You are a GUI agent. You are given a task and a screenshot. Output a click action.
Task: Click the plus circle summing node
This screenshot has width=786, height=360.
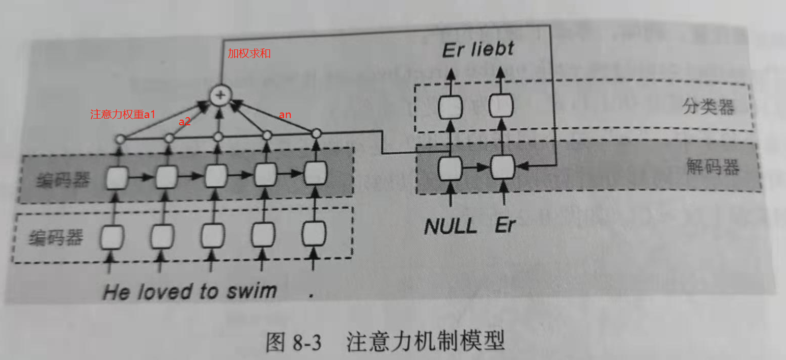point(220,95)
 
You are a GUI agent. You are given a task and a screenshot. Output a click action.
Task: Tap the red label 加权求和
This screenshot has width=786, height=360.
point(249,53)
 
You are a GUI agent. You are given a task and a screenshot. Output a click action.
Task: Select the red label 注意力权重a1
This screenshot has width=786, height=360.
point(123,115)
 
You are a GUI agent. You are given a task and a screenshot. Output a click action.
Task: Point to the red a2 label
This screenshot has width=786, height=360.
point(184,122)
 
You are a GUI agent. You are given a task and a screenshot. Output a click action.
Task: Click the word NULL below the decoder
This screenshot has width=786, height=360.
point(451,226)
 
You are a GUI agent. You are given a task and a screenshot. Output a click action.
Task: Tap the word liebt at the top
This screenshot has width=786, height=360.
point(492,49)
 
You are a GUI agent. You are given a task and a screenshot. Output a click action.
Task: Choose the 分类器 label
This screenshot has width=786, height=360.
point(708,107)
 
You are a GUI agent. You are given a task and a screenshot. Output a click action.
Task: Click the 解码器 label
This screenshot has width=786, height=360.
point(712,167)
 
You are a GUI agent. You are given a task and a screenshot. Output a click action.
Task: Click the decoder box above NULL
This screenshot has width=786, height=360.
point(450,168)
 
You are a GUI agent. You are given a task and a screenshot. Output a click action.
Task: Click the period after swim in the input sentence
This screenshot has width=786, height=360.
point(312,295)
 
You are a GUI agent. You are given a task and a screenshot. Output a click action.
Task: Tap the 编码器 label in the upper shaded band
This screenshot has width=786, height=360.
point(57,179)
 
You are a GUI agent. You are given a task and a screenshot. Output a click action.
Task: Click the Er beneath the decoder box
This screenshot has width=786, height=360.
point(504,226)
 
